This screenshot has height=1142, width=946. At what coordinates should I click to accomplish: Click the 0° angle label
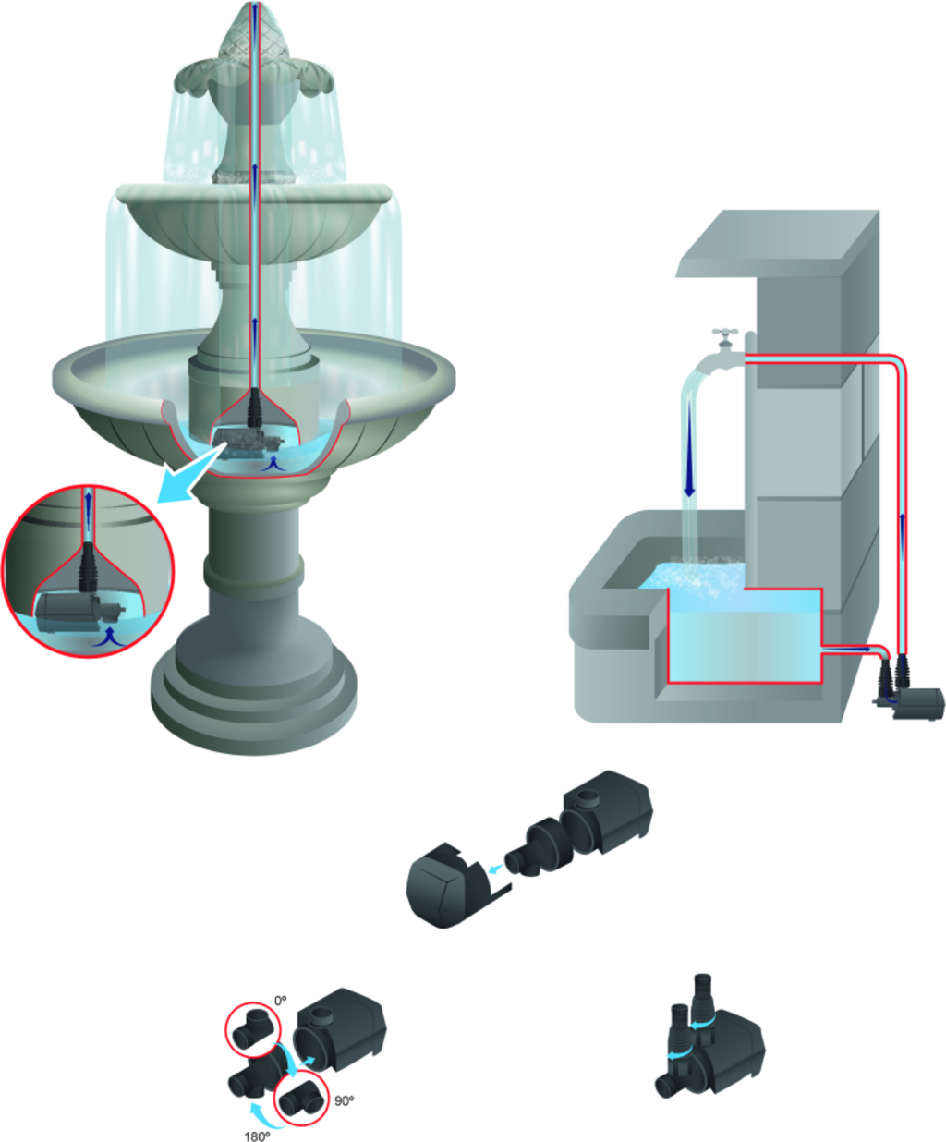(281, 1001)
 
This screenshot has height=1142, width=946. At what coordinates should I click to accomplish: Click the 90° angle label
(345, 1101)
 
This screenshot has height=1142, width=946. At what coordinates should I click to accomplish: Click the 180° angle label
(257, 1136)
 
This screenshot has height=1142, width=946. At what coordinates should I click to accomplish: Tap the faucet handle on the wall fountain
(725, 333)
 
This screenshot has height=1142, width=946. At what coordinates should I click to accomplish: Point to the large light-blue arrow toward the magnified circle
(189, 475)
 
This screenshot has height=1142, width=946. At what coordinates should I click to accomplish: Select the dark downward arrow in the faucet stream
(690, 448)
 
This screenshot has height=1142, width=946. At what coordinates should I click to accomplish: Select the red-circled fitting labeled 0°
(253, 1028)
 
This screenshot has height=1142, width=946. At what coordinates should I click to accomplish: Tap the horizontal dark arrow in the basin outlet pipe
(847, 649)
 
